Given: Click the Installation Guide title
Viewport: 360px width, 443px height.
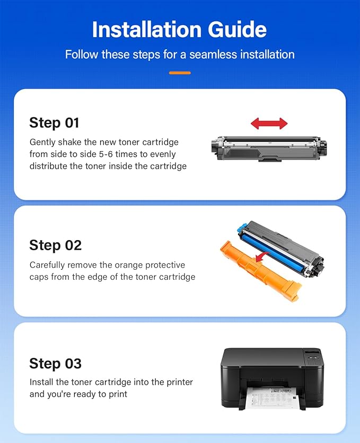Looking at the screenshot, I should (180, 30).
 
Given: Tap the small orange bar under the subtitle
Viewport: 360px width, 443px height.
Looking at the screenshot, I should (180, 73).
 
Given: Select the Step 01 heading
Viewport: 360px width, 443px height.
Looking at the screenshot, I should (54, 123).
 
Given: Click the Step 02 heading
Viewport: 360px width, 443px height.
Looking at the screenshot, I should (55, 245).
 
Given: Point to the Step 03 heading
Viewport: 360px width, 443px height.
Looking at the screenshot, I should (55, 364).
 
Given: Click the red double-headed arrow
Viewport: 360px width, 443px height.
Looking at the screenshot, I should (269, 124).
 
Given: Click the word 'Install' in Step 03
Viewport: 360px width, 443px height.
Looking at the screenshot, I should (41, 382).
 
